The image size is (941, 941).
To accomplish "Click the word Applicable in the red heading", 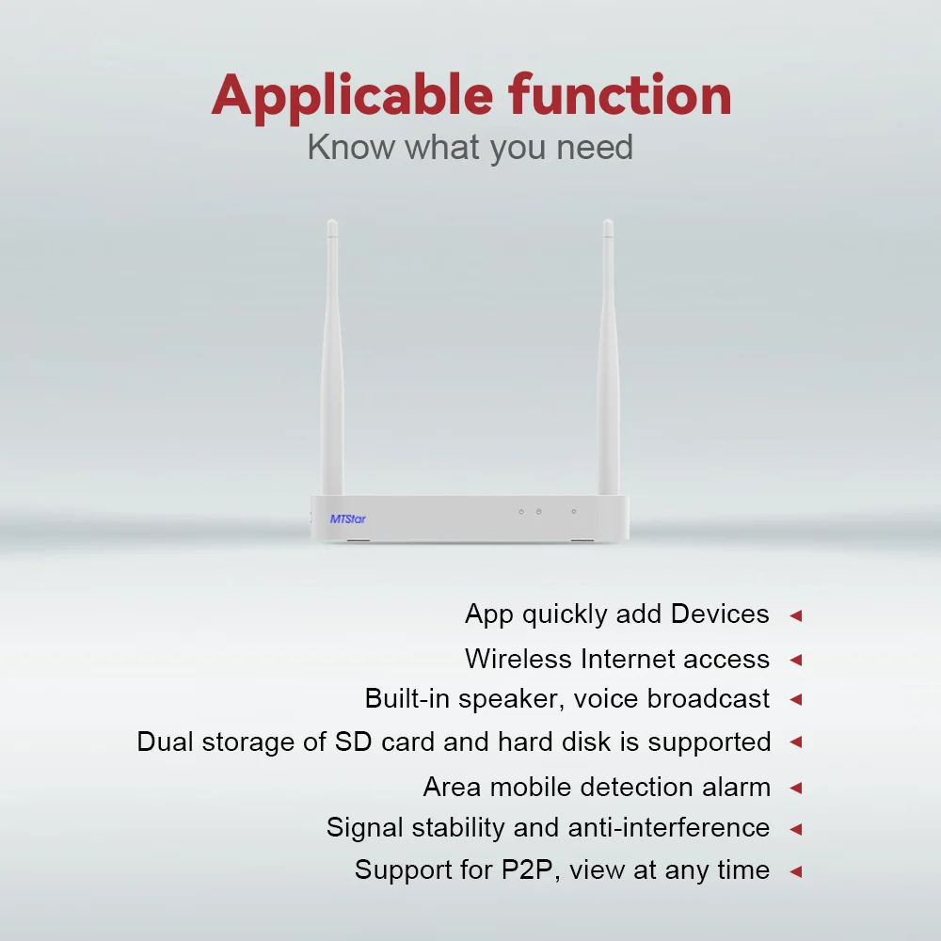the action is pos(352,97).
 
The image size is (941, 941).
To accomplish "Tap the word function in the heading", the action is pos(620,95).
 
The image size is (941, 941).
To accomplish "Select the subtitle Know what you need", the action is pos(470,148).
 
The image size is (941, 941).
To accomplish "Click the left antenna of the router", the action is pos(332,357).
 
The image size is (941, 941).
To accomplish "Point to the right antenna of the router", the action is pos(608,357).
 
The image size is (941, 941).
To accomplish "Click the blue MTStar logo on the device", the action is pos(347,518).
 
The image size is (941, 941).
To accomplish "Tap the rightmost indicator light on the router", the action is pos(574,512).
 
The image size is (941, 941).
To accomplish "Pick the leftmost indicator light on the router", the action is pos(521,512).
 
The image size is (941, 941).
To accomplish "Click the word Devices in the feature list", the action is pos(720,614).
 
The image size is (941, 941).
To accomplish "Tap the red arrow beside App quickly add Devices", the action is pos(796,615).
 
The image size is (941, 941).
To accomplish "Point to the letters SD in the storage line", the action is pos(354,742).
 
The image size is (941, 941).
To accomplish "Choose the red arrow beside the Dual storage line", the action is pos(796,742).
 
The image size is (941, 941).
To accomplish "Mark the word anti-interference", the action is pos(668,827).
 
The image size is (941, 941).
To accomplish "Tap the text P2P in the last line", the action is pos(526,869).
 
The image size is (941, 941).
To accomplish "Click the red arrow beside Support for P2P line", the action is pos(796,871).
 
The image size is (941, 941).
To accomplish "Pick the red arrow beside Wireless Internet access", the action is pos(796,661).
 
